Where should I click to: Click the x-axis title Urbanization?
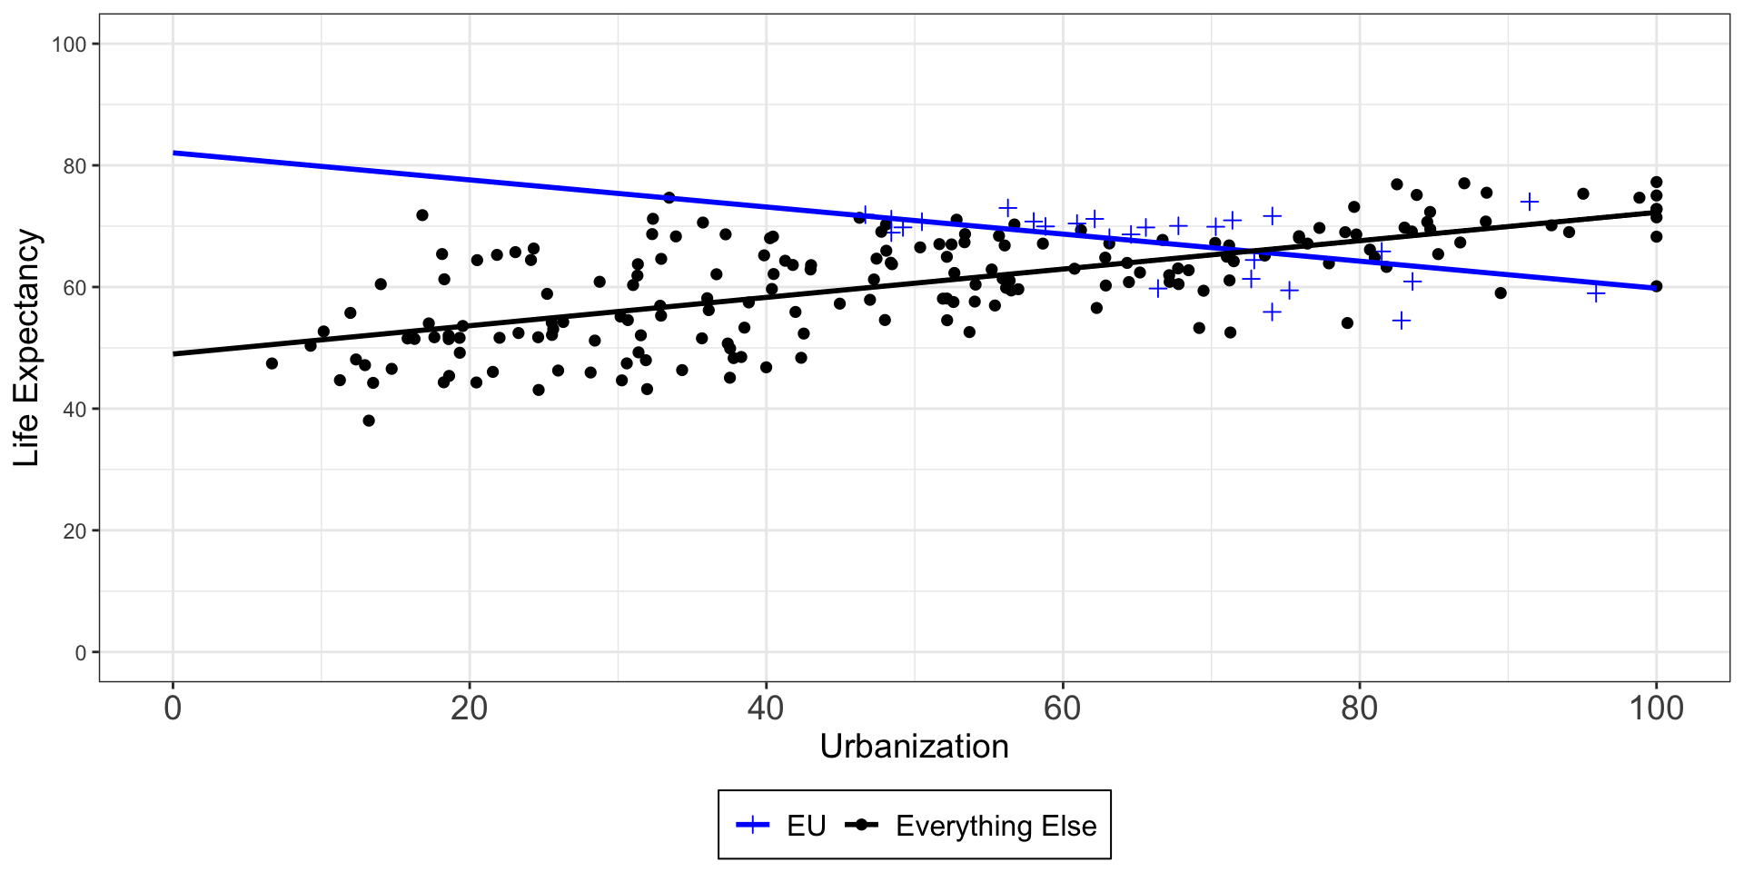pos(914,747)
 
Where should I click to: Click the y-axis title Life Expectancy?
pos(27,348)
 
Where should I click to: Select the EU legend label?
pos(807,826)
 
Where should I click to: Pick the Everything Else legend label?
pos(996,826)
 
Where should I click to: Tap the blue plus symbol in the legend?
pos(753,825)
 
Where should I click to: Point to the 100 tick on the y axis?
pos(69,45)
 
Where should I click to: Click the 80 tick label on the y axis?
pos(74,166)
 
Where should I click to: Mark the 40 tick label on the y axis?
pos(74,410)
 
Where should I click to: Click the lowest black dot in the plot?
pos(369,421)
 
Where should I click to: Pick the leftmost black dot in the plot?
pos(272,363)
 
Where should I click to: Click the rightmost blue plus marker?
pos(1596,292)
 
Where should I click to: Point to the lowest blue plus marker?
pos(1402,321)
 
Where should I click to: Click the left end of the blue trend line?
pos(173,153)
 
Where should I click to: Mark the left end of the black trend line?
pos(173,353)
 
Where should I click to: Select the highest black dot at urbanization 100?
pos(1656,182)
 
